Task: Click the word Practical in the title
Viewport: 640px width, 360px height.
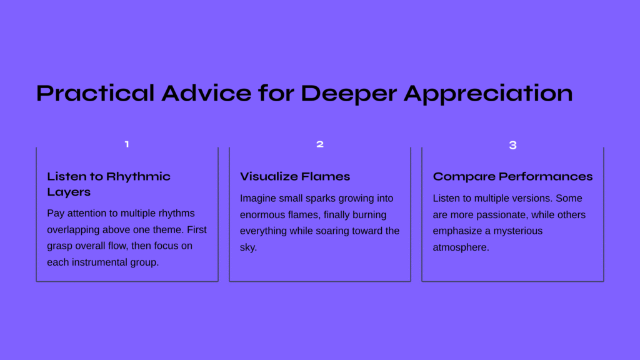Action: (x=95, y=93)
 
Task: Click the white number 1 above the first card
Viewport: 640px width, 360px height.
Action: (x=127, y=144)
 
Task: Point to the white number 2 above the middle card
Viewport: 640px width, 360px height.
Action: (x=320, y=144)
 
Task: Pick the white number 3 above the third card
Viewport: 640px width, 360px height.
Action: (x=513, y=145)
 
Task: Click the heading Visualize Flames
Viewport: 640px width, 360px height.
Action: (x=295, y=176)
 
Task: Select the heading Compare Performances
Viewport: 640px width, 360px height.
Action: (x=512, y=177)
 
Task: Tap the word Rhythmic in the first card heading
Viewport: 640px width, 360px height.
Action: (x=138, y=177)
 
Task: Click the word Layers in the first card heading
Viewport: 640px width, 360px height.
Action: (x=69, y=192)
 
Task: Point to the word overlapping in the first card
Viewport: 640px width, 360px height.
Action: (x=74, y=230)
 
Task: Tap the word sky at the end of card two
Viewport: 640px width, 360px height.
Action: (x=248, y=247)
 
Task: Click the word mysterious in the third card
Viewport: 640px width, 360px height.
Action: (x=518, y=231)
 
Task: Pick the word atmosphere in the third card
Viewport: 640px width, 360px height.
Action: (x=461, y=247)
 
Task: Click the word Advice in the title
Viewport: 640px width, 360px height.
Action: (x=206, y=93)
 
